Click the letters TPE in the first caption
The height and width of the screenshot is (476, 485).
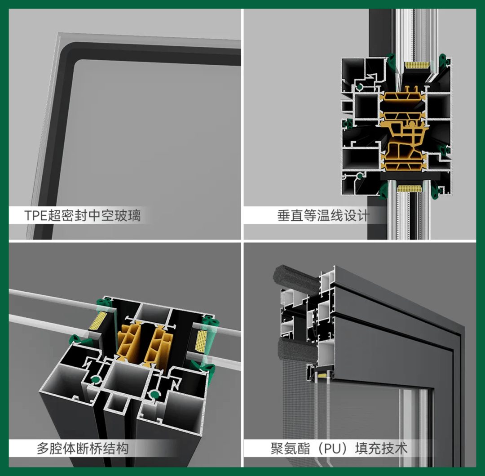click(x=36, y=215)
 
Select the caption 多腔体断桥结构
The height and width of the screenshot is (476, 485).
click(x=83, y=449)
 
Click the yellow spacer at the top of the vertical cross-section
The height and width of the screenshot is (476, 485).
click(x=417, y=65)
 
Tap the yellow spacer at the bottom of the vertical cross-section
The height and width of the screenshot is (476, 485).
click(x=410, y=188)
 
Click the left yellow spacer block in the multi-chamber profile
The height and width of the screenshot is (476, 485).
click(x=98, y=320)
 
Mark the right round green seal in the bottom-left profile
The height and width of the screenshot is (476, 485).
click(x=154, y=395)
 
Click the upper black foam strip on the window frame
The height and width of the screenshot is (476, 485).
click(x=296, y=279)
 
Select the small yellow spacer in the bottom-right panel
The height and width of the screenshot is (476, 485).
click(x=322, y=375)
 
